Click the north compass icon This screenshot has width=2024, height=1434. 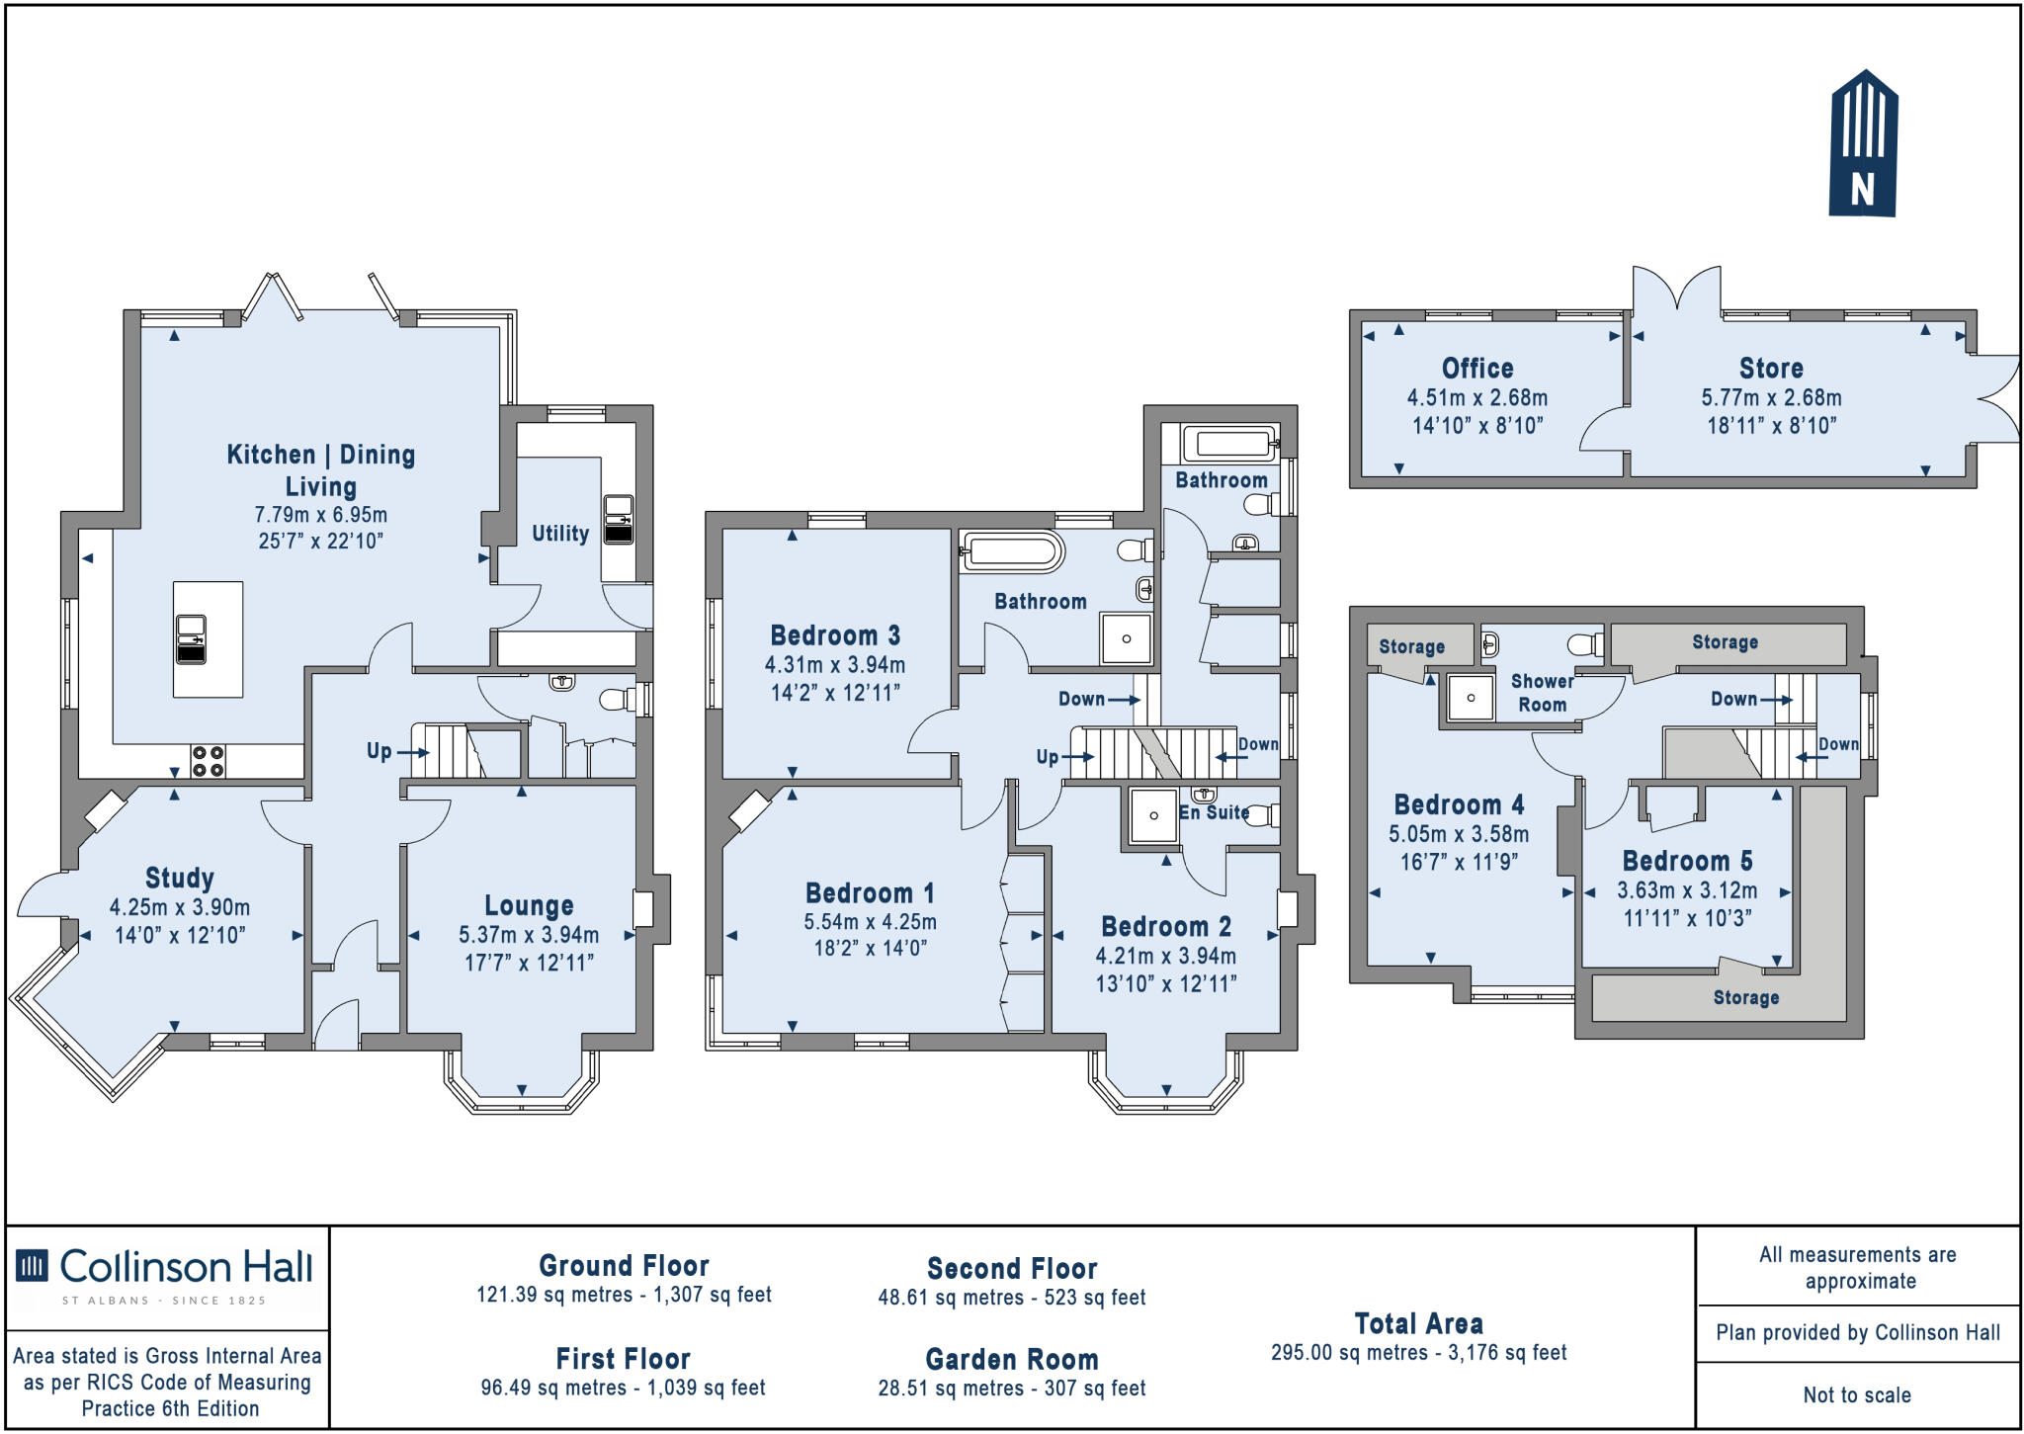click(x=1864, y=144)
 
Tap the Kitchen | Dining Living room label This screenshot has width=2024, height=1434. click(x=321, y=469)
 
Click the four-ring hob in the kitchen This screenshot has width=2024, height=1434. click(x=209, y=761)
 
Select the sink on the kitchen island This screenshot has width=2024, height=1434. click(x=191, y=638)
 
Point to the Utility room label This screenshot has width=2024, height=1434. click(x=560, y=534)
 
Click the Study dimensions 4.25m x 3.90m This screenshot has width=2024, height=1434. click(x=179, y=907)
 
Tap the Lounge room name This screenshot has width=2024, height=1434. click(x=529, y=905)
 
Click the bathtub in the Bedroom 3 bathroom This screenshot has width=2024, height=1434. click(x=1011, y=551)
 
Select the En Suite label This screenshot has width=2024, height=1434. click(x=1214, y=812)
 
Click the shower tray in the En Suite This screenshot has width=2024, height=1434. click(x=1152, y=816)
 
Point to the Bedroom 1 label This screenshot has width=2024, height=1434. click(x=870, y=893)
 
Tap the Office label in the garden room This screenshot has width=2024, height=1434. click(x=1477, y=369)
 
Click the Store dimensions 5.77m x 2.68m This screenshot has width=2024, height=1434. click(x=1771, y=398)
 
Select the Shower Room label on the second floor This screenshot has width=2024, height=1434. click(x=1542, y=693)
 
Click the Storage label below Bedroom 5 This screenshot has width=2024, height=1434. click(x=1745, y=998)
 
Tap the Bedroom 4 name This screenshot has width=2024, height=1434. click(x=1459, y=804)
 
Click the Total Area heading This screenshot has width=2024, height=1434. click(x=1418, y=1324)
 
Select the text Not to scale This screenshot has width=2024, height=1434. click(x=1857, y=1395)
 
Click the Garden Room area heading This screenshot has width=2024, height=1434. click(x=1011, y=1360)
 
